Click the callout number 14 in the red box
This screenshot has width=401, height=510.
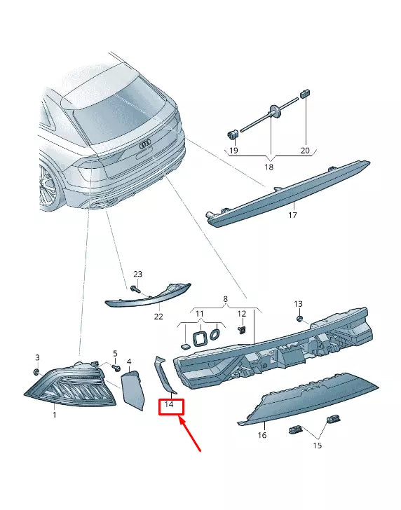(169, 405)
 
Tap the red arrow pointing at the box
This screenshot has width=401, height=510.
(190, 434)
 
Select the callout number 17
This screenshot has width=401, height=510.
(292, 215)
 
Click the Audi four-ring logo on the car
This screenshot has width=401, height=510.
(144, 145)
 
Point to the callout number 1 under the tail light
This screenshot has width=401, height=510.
(55, 415)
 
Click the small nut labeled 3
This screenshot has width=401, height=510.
(37, 371)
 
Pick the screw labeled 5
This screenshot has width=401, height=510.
(116, 368)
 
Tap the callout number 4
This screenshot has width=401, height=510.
(129, 361)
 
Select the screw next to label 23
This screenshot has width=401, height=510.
(134, 288)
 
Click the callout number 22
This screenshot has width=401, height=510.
(158, 316)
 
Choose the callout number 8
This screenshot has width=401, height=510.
(226, 299)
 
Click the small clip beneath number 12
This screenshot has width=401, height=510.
(241, 330)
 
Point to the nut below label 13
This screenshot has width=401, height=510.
(299, 318)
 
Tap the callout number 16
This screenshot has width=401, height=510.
(262, 435)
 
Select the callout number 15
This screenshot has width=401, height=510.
(318, 446)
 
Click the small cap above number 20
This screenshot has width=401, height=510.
(305, 93)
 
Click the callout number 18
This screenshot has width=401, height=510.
(269, 167)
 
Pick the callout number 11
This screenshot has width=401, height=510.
(199, 314)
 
